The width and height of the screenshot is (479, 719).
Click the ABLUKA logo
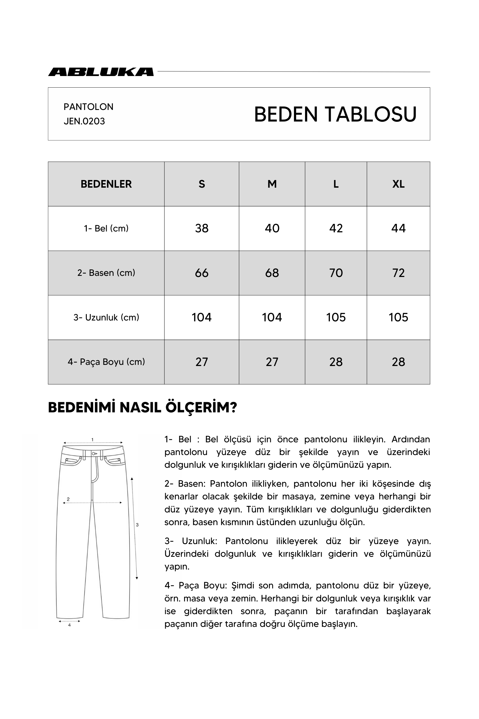101,72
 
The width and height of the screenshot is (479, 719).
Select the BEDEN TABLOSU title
335,114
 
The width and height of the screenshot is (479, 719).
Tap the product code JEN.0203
84,121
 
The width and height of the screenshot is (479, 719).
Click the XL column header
398,184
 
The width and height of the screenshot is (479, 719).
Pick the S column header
202,184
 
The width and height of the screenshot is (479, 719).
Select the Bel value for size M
272,228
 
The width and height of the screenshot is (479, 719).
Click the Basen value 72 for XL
398,273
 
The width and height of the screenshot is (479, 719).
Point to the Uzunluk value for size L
336,317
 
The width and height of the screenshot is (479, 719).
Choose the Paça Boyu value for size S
202,362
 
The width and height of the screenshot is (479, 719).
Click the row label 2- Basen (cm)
106,273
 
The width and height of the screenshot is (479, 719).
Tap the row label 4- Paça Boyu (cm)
106,362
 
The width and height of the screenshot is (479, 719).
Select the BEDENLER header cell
106,184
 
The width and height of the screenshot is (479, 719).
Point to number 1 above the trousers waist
92,440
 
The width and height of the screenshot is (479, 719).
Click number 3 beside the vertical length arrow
137,525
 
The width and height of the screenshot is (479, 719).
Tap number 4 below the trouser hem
69,625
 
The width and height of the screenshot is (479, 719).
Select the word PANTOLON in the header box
88,107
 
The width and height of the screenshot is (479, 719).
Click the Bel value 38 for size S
202,228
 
